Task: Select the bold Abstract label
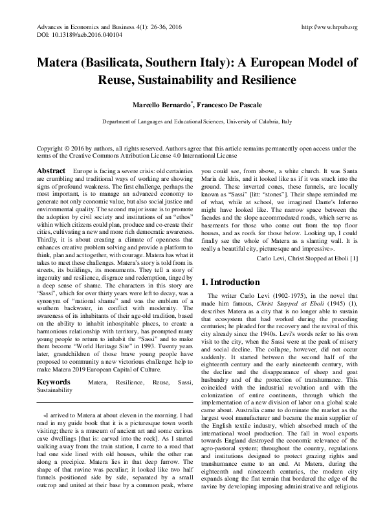click(52, 169)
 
